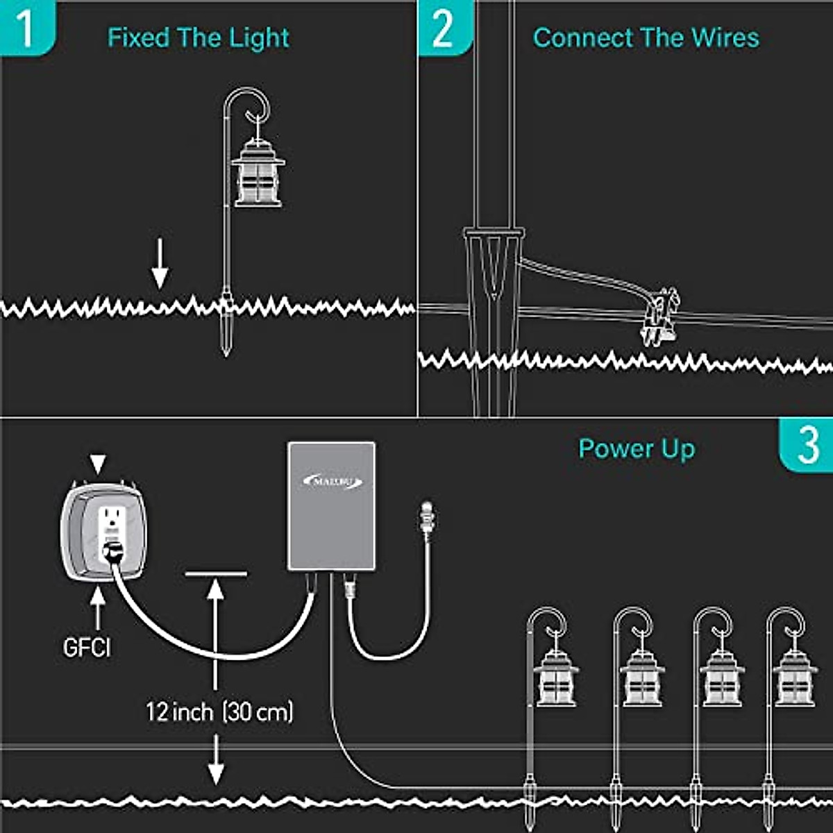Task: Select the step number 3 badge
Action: (807, 445)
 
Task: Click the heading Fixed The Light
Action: (199, 37)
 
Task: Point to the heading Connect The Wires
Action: (646, 37)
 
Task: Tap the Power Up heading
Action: (637, 449)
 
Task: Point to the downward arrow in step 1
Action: (160, 264)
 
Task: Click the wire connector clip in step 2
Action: (659, 316)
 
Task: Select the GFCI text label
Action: (87, 648)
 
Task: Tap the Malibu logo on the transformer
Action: (333, 481)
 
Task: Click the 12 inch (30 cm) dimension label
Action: (219, 712)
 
